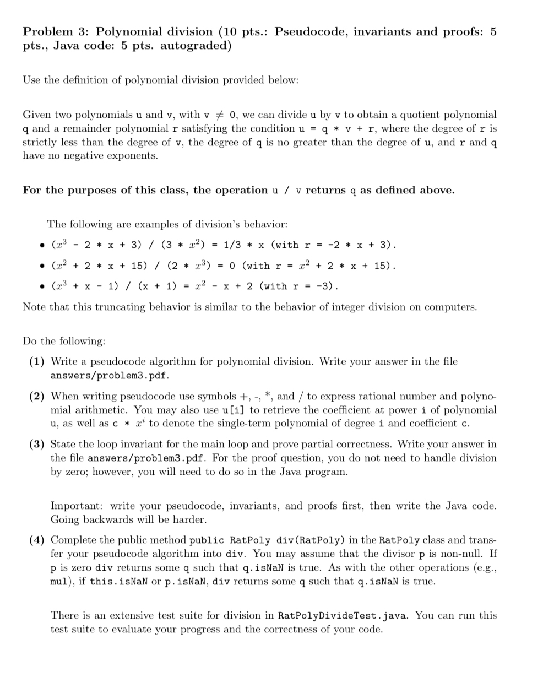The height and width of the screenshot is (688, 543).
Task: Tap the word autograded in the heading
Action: coord(196,46)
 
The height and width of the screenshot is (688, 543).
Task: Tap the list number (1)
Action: coord(37,362)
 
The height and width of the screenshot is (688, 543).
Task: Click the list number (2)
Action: coord(37,396)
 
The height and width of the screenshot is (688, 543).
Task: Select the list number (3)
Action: coord(37,444)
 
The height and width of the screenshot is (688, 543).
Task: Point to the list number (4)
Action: coord(37,540)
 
